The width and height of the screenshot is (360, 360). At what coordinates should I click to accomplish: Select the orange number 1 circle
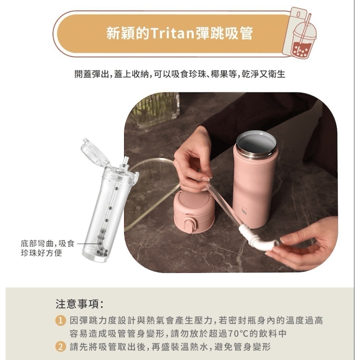click(x=60, y=320)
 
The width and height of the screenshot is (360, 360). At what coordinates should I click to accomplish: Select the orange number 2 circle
click(x=60, y=347)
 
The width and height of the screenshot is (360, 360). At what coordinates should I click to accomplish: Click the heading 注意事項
click(x=80, y=304)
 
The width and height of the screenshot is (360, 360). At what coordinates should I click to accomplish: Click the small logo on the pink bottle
click(x=244, y=211)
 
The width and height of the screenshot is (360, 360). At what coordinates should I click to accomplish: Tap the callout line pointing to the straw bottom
click(x=86, y=244)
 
